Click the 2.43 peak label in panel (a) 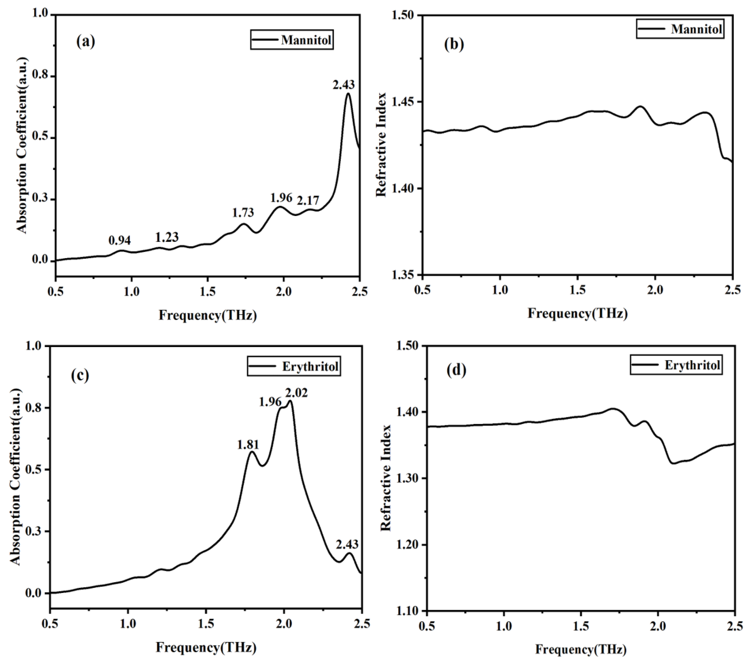pos(344,85)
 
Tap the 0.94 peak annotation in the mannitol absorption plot pos(120,240)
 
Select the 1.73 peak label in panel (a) pos(243,213)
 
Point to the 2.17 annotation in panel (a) pos(308,200)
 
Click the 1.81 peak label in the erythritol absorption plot pos(248,445)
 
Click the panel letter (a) pos(86,41)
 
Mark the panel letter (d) pos(456,370)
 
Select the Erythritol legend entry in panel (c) pos(310,367)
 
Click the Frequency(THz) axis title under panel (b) pos(578,313)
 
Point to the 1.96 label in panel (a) pos(281,198)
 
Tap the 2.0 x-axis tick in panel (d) pos(658,626)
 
